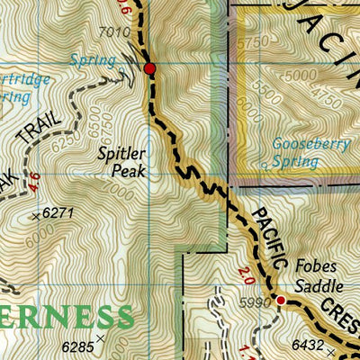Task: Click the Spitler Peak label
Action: point(121,162)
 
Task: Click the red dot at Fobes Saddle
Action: point(280,300)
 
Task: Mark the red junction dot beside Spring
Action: point(149,68)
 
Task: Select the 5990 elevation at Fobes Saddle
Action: point(256,304)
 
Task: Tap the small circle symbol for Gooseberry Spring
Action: point(264,165)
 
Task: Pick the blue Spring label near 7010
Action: point(93,60)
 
